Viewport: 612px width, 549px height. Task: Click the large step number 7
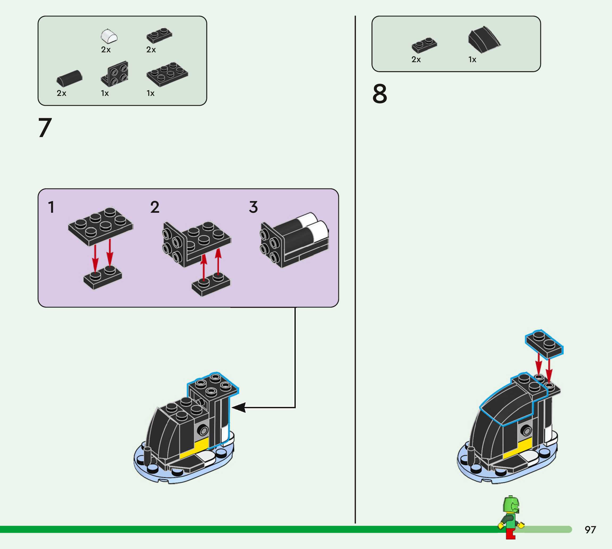(45, 127)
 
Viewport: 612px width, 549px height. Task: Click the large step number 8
(380, 94)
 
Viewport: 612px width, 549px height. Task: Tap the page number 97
(590, 530)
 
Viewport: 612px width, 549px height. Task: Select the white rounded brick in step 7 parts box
(109, 36)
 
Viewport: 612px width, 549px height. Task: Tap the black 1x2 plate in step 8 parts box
(424, 45)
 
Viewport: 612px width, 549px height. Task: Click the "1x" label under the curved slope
(472, 60)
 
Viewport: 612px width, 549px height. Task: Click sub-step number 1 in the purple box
(51, 207)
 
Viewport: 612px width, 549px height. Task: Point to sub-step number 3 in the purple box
(254, 207)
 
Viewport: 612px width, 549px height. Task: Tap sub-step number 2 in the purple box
(155, 207)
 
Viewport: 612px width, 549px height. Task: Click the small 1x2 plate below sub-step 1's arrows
(103, 278)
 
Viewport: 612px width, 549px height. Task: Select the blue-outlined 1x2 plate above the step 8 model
(544, 344)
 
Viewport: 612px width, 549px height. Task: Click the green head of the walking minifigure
(511, 505)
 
